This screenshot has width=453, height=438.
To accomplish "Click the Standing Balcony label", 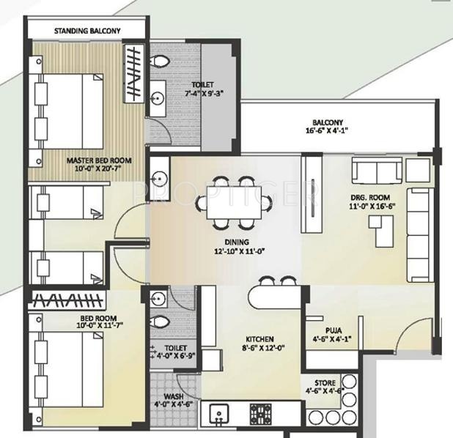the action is [87, 31].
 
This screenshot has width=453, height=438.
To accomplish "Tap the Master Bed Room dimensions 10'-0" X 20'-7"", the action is [99, 168].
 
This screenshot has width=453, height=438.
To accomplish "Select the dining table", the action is [235, 202].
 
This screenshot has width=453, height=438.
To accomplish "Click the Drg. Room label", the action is [370, 198].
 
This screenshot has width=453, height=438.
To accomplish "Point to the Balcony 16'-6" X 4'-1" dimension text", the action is [327, 130].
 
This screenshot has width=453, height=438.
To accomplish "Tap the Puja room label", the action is [334, 330].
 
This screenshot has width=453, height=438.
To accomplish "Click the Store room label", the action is [325, 383].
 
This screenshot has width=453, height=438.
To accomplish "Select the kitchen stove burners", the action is [261, 414].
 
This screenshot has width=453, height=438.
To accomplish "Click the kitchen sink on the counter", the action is [219, 414].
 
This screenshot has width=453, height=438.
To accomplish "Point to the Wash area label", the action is [174, 396].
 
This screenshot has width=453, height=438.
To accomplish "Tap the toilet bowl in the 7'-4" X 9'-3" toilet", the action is [160, 61].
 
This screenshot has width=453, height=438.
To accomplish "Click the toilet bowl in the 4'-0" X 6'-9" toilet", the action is [160, 322].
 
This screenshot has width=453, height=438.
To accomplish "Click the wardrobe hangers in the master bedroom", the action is [133, 74].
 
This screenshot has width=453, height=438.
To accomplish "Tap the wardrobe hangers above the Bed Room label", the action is [67, 300].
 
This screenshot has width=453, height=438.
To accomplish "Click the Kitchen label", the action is [259, 339].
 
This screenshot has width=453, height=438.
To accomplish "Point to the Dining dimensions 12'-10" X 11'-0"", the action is [240, 251].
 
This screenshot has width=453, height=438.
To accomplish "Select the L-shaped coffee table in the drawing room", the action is [381, 231].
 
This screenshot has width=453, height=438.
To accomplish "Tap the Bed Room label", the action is [98, 318].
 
